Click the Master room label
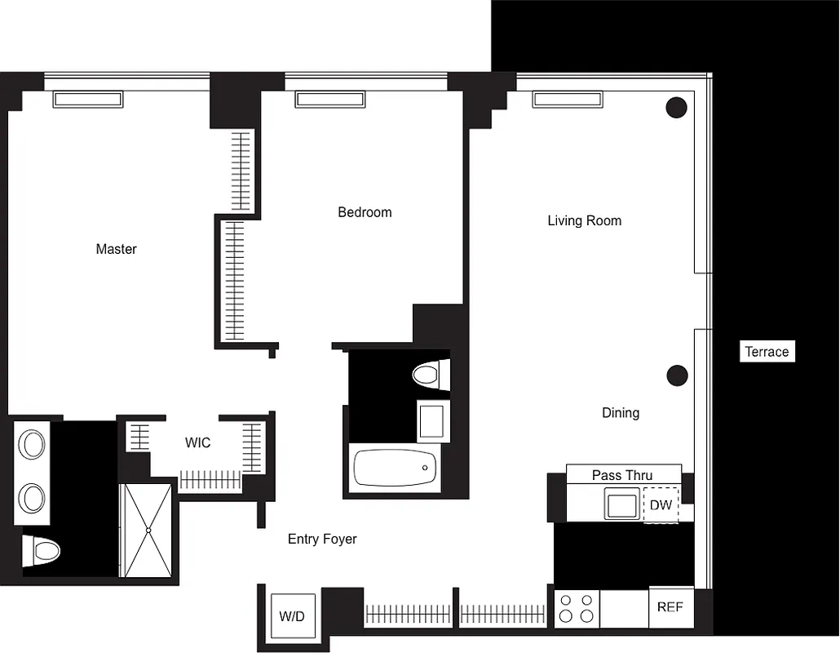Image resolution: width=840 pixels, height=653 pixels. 116,249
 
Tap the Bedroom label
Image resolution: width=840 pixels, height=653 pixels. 365,212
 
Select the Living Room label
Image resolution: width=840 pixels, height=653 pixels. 584,220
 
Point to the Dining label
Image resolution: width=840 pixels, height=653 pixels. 620,413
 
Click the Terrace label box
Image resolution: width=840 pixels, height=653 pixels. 767,352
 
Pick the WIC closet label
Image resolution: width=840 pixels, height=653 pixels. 197,442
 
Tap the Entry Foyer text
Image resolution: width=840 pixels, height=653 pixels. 322,539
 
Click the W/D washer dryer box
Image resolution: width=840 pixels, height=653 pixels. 291,616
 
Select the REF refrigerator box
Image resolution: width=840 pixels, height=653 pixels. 670,607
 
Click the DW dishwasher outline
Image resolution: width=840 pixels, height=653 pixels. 661,505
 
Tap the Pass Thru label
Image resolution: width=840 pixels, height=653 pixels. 622,475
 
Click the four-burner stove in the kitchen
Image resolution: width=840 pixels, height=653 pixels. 577,609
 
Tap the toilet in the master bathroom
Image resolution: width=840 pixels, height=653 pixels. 42,551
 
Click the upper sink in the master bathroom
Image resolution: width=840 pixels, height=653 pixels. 33,446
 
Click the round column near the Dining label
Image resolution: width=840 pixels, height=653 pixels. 677,375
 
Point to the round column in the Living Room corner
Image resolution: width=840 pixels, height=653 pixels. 676,107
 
